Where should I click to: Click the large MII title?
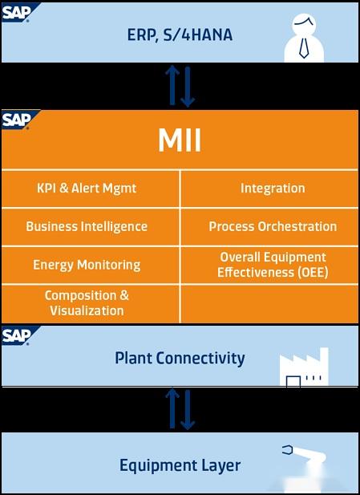pos(180,141)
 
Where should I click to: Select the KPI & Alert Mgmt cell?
pos(87,189)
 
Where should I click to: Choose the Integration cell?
pos(273,189)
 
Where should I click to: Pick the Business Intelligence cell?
pos(87,226)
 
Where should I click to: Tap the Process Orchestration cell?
pos(273,226)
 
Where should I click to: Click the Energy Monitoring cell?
pos(87,265)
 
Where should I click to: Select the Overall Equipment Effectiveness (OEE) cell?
pos(273,265)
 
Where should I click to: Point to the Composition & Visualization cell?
pos(87,302)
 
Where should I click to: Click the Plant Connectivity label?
pos(180,358)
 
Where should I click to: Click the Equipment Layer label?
pos(180,465)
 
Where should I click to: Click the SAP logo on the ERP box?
pos(16,11)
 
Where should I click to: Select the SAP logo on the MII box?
pos(16,120)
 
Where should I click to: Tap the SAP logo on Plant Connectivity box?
pos(16,335)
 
